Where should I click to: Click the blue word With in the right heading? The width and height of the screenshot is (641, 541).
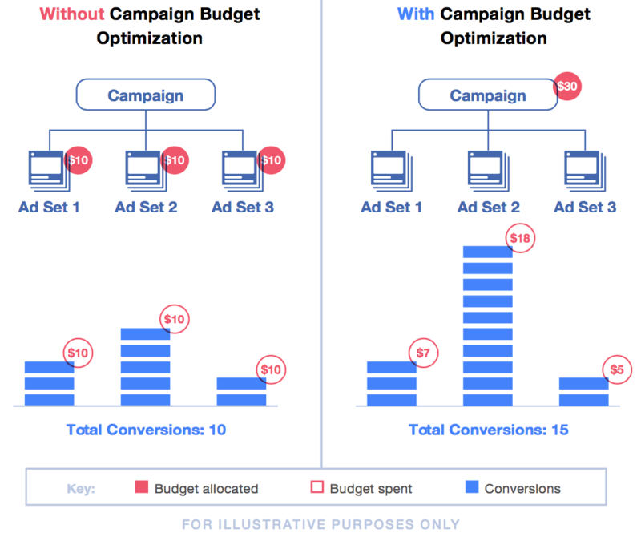point(415,14)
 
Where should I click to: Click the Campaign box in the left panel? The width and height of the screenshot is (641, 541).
point(146,95)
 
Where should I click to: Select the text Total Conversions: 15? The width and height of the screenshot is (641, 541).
point(488,430)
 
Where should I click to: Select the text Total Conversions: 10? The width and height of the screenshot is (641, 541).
point(146,430)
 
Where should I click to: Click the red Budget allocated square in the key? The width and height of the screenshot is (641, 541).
point(142,488)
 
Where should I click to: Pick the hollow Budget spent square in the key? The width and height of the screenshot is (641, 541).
point(316,488)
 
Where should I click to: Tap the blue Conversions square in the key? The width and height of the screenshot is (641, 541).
point(471,488)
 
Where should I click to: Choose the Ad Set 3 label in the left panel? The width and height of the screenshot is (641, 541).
point(243,208)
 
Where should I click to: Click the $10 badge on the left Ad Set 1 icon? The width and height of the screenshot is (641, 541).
point(79,159)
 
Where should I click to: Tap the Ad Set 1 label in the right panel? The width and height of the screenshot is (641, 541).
point(391,208)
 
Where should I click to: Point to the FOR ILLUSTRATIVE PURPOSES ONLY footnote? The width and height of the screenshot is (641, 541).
point(320,524)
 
